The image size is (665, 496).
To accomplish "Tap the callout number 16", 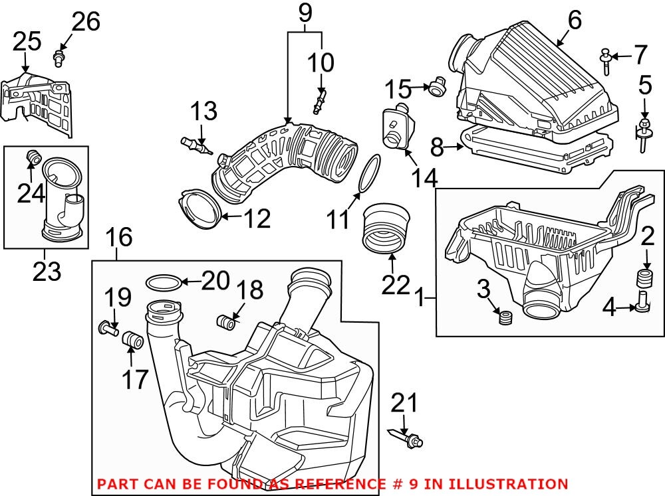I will click(120, 237).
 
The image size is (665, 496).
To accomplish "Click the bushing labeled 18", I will click(228, 323).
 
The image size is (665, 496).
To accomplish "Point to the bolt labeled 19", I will click(107, 326).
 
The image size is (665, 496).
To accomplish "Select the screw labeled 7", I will click(607, 60).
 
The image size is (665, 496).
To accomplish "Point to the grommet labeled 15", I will click(436, 87).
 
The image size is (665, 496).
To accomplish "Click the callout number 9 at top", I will click(304, 12).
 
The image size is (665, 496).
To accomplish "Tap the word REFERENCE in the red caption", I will click(336, 484).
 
